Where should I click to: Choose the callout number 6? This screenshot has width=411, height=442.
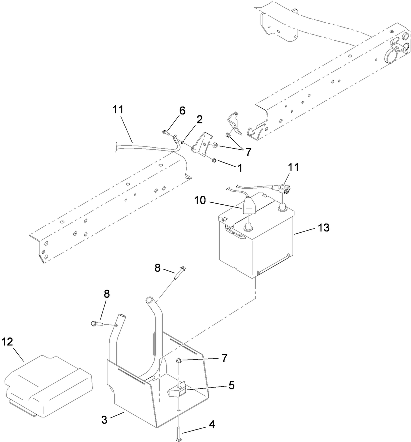tap(182, 111)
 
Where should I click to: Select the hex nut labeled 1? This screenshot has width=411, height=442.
tap(214, 160)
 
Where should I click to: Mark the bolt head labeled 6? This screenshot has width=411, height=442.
tap(165, 132)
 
